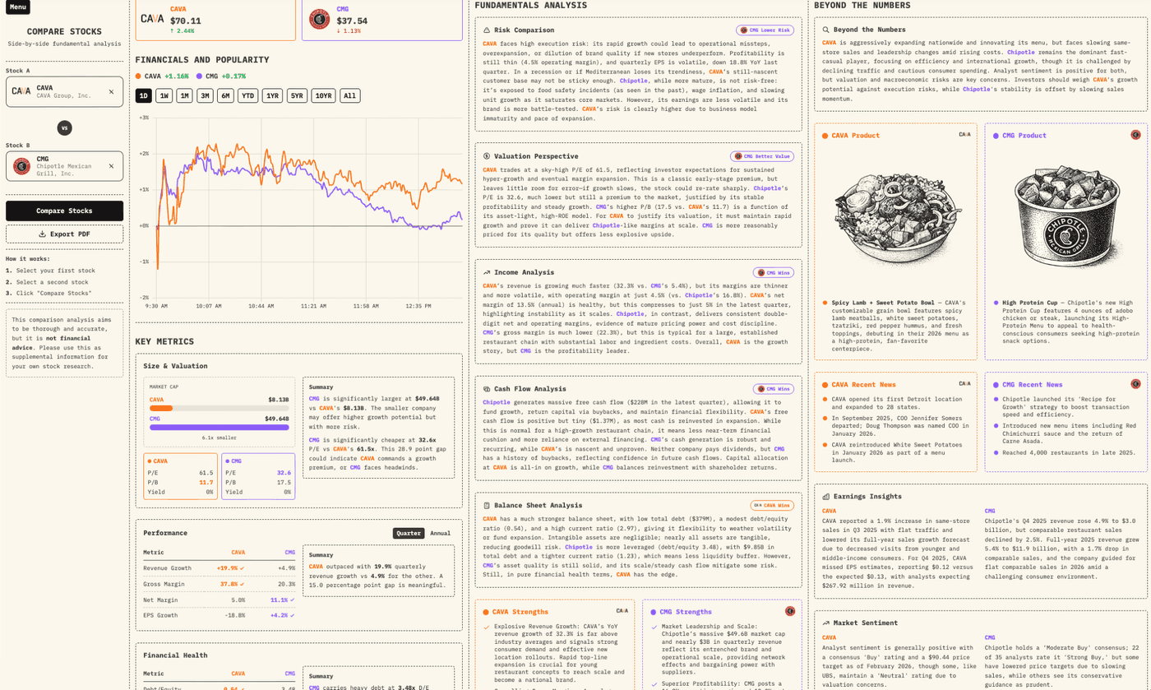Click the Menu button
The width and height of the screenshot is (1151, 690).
point(18,7)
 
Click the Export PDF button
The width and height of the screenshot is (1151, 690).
point(65,234)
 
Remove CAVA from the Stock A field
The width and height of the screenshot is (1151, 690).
point(111,92)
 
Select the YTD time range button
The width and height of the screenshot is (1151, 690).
point(247,96)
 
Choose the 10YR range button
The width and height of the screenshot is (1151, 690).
point(324,96)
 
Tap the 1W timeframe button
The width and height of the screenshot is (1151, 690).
point(164,96)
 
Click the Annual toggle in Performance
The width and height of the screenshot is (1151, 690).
point(440,533)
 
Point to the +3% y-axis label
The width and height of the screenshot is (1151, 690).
point(143,118)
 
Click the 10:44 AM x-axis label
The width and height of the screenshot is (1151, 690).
point(261,305)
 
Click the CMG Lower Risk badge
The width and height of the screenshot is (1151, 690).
point(765,30)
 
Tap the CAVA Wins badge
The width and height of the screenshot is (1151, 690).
point(771,505)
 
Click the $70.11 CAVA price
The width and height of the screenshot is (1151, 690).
point(186,20)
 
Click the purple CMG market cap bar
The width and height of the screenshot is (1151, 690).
point(219,428)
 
